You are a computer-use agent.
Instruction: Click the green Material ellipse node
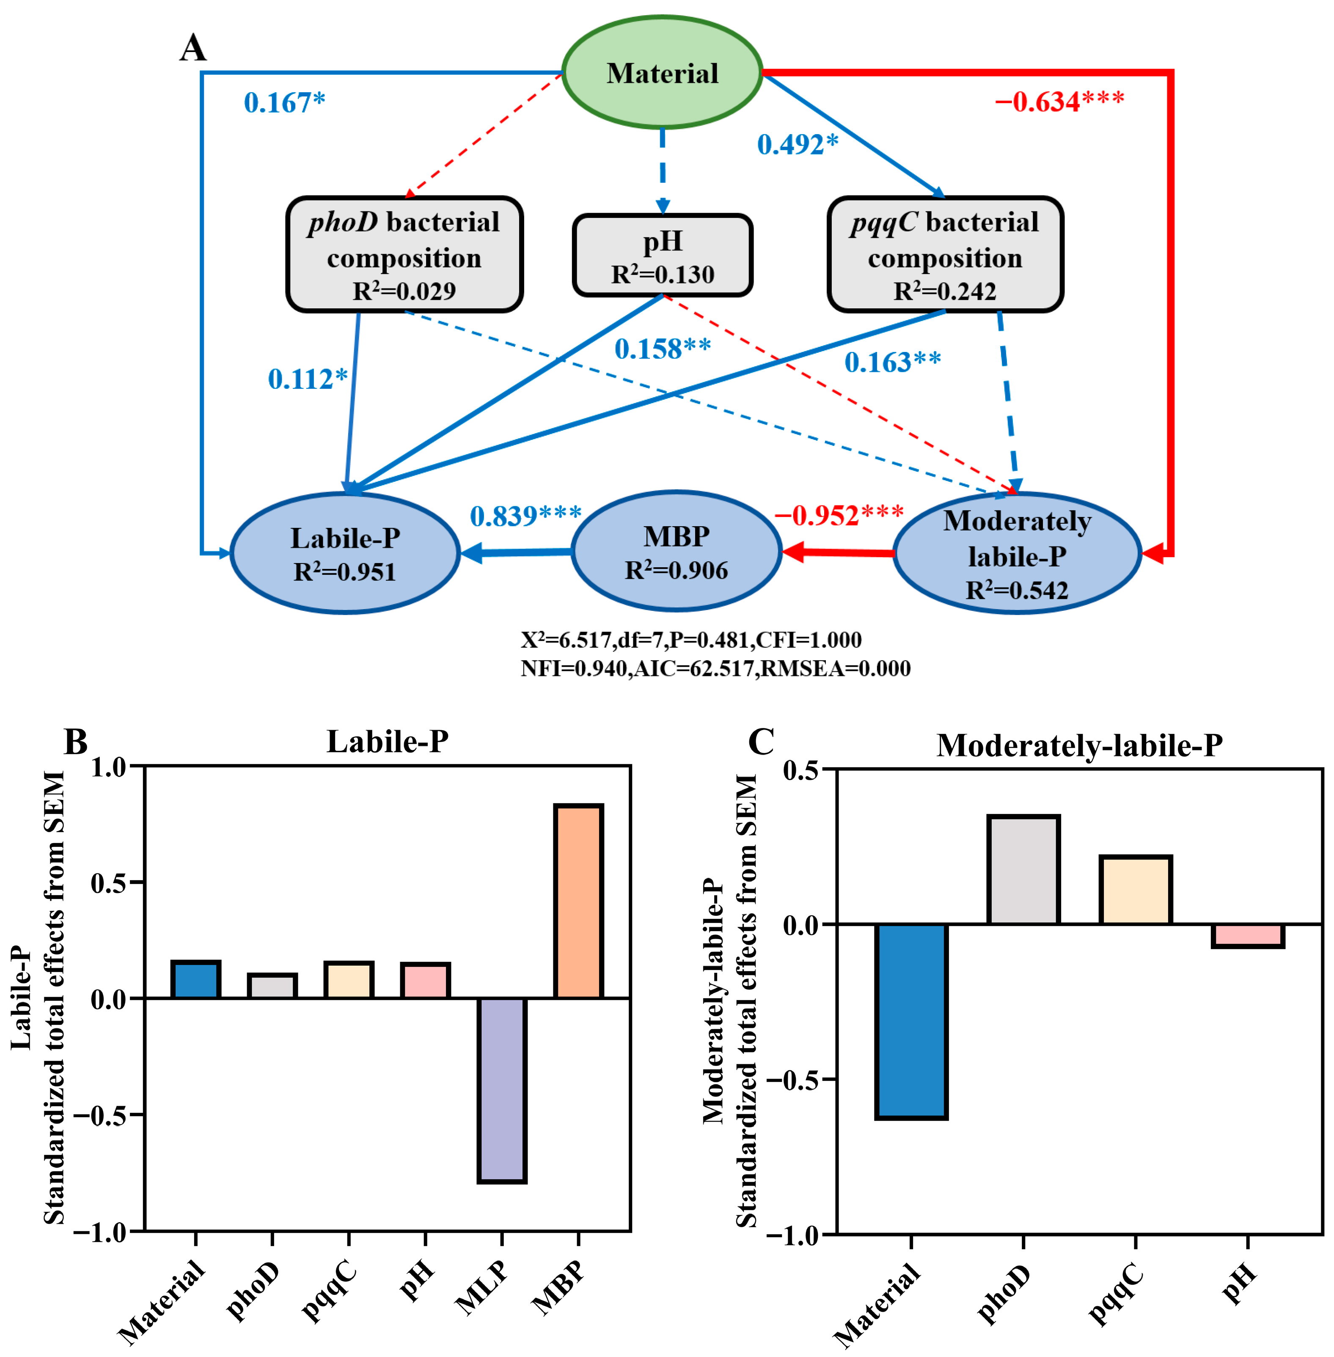662,73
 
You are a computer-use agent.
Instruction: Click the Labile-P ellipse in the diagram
345,553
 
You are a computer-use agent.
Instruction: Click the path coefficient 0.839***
525,516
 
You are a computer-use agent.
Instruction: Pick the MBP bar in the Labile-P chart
578,901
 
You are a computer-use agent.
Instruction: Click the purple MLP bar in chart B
502,1089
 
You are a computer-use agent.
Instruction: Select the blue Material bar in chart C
911,1021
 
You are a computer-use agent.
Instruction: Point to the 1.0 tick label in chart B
109,767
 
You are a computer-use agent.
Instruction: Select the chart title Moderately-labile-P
1079,745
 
